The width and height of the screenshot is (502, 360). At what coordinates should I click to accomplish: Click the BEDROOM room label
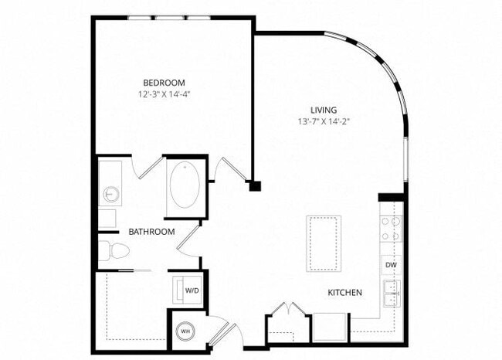click(x=165, y=82)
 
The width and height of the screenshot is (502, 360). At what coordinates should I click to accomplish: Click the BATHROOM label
click(x=151, y=232)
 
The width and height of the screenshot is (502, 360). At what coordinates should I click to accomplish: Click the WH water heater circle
click(x=185, y=331)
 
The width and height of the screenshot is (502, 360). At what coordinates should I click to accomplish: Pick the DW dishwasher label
click(x=390, y=266)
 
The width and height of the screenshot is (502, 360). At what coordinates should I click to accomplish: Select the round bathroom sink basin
click(x=107, y=192)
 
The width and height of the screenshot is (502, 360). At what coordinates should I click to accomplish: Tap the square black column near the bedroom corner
click(x=256, y=185)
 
